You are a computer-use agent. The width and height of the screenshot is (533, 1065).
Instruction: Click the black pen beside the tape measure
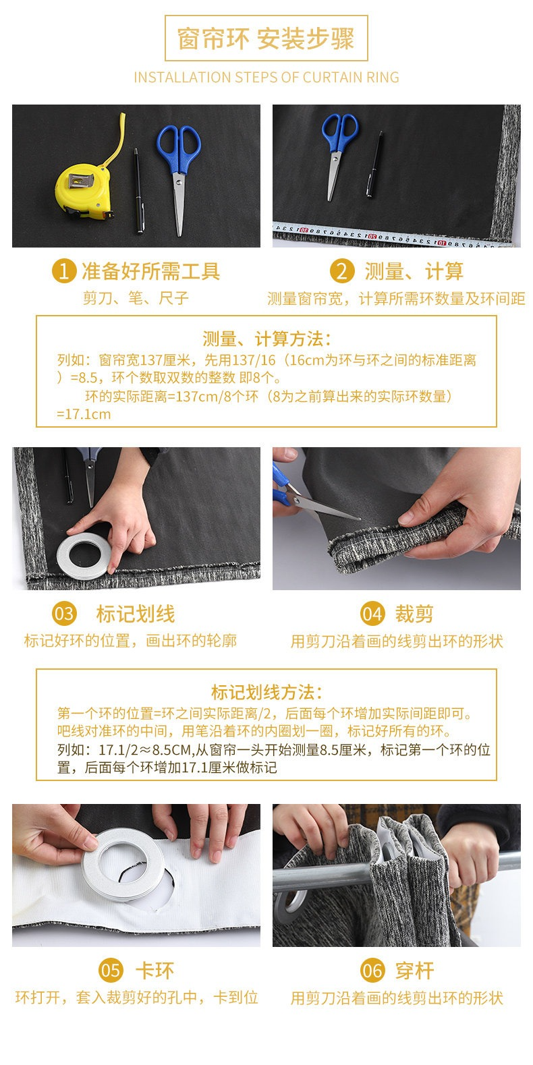coord(138,191)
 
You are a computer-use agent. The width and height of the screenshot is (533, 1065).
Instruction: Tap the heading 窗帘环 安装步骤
coord(266,38)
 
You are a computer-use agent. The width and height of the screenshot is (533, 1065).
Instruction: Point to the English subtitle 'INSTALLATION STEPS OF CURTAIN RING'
coord(266,77)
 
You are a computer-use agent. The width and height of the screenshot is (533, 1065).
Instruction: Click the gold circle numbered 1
coord(64,271)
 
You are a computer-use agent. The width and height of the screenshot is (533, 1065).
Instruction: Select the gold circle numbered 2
coord(342,271)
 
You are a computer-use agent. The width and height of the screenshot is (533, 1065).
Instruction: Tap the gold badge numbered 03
coord(64,613)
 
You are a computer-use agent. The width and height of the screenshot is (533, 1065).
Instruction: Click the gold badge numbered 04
coord(372,613)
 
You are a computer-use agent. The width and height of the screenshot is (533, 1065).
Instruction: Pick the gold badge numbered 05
coord(111,970)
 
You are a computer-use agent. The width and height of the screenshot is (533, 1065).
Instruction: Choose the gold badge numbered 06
coord(372,970)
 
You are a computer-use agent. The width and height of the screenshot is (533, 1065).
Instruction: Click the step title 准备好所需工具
coord(150,271)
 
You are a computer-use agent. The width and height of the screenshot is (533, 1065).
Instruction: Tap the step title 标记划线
coord(136,614)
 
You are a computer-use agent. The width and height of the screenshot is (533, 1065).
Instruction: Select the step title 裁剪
coord(414,614)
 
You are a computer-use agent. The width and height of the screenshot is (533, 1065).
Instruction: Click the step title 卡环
coord(155,971)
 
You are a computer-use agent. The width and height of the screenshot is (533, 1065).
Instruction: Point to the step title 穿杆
coord(415,971)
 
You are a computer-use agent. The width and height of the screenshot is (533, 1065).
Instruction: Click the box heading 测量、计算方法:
coord(266,339)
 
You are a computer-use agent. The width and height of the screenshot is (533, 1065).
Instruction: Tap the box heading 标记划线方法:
coord(266,692)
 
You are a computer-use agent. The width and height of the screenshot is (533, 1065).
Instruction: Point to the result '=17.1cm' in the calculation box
coord(84,414)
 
